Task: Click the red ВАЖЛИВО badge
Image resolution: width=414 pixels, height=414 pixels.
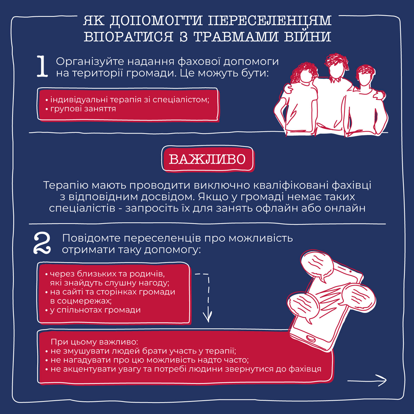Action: tap(207, 159)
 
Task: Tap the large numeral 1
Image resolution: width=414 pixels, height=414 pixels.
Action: tap(42, 66)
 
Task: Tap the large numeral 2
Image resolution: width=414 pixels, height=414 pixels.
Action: tap(42, 243)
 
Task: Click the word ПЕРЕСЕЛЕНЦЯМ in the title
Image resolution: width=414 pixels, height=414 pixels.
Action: tap(269, 21)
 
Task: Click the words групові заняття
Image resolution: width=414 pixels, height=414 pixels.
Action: tap(83, 109)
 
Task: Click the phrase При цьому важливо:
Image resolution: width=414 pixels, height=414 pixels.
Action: tap(94, 342)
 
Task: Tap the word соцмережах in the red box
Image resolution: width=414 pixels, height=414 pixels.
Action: tap(84, 301)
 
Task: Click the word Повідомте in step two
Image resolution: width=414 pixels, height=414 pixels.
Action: tap(91, 238)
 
